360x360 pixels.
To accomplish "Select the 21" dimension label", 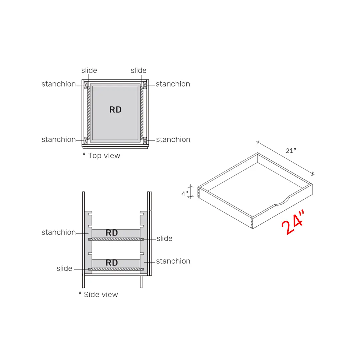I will pos(291,150).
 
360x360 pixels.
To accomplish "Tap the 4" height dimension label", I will pos(185,194).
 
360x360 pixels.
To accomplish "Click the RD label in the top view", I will pos(115,110).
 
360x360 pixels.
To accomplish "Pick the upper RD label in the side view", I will pos(112,233).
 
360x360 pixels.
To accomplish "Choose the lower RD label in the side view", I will pos(112,263).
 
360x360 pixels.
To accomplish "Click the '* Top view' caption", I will pos(101,156).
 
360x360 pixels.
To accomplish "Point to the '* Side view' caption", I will pos(98,294).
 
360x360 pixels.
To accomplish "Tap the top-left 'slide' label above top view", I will pos(89,70).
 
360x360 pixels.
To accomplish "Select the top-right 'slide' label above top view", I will pos(138,70).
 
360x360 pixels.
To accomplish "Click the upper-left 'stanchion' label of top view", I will pos(58,84).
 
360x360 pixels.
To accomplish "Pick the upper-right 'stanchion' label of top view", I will pos(173,84).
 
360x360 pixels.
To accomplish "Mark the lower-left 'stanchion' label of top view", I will pos(58,139).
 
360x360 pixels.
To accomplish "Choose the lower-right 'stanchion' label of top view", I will pos(173,139).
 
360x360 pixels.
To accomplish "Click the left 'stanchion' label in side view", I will pos(58,232).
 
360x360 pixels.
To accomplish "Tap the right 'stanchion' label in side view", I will pos(173,261).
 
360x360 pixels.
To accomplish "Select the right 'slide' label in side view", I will pos(164,238).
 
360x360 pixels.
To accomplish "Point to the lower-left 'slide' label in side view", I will pos(64,268).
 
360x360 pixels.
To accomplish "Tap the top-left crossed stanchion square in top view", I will pos(86,85).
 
